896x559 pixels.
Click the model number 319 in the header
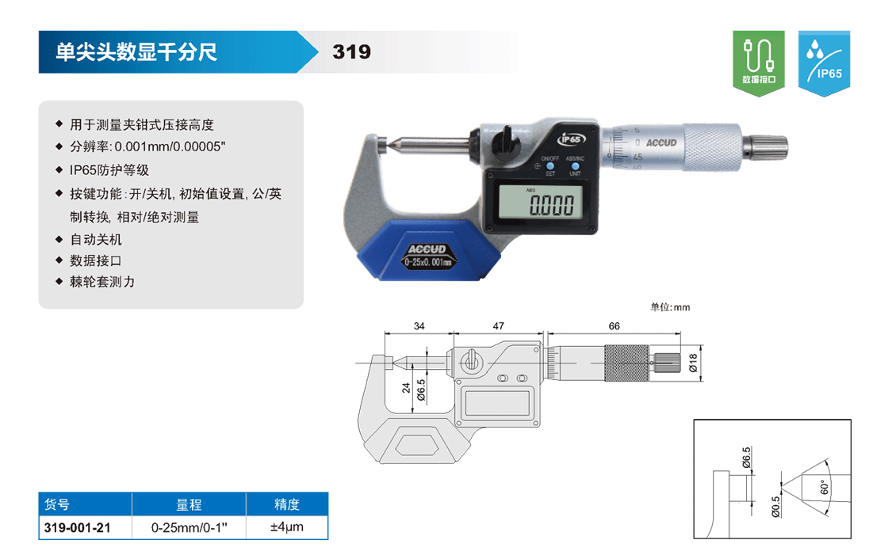351,52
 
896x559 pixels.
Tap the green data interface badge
758,63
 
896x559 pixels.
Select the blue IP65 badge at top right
824,63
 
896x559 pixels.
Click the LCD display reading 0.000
541,202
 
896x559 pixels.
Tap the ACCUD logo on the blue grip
427,249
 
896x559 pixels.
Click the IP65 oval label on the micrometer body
571,139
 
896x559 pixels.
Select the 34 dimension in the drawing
419,325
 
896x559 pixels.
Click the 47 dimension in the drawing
498,325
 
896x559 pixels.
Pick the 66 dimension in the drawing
614,325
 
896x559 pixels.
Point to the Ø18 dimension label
693,363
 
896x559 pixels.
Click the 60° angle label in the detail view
824,487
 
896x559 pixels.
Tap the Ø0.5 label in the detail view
775,506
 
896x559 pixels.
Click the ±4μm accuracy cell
287,527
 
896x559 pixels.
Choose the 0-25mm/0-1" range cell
190,527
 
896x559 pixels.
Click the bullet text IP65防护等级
109,170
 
